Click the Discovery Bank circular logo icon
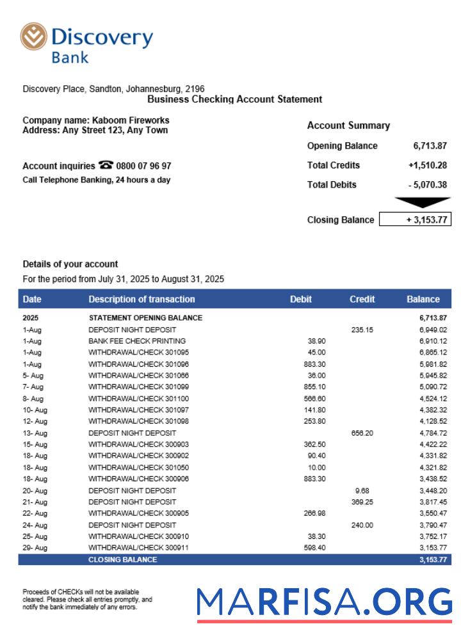coord(34,36)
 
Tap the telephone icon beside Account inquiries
coord(106,165)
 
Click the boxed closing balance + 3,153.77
coord(415,220)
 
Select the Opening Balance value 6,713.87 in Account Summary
coord(430,145)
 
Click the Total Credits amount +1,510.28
coord(427,165)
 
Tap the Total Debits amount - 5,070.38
coord(427,185)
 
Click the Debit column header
coord(301,299)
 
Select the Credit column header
coord(362,299)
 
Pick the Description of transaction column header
coord(142,299)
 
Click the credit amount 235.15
coord(362,330)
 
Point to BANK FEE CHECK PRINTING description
coord(137,341)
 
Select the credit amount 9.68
coord(362,490)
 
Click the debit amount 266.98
coord(314,513)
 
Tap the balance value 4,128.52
coord(433,421)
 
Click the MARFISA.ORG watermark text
coord(324,603)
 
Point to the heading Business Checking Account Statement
coord(234,99)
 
